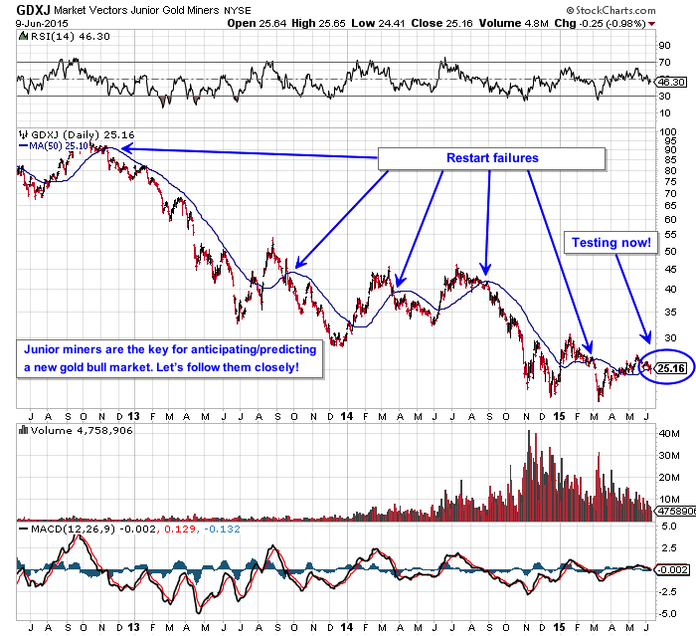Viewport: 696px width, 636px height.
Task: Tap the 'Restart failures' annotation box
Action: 493,158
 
